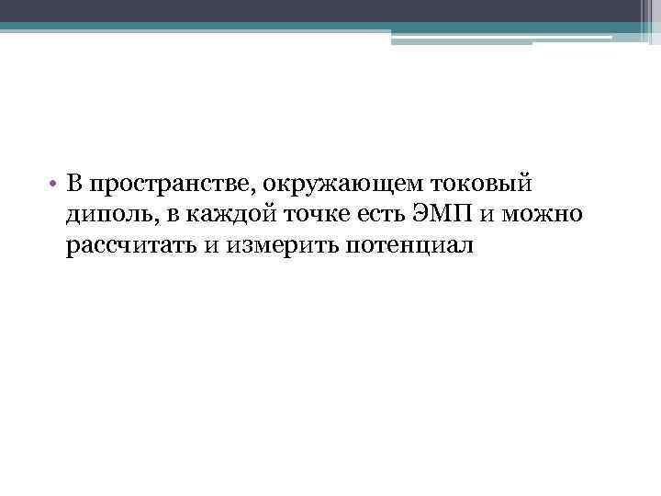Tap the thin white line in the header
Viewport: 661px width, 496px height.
(x=500, y=37)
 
